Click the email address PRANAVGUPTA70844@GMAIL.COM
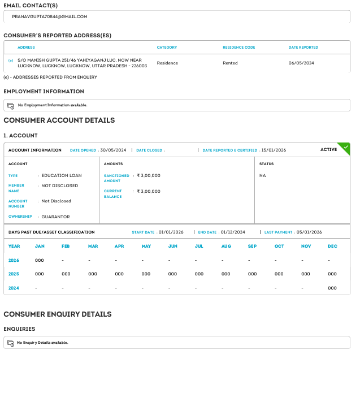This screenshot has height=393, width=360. pos(50,16)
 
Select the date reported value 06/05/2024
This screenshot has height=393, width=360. pos(301,63)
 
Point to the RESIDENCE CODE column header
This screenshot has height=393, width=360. pos(239,47)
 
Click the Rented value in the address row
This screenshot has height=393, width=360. pos(230,63)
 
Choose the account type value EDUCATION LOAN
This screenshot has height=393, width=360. pos(62,175)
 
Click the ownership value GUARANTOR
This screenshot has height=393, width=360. pos(56,217)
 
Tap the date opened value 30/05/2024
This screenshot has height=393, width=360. pos(114,150)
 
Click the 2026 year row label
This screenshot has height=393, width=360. pos(14,260)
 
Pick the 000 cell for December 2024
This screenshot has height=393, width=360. pos(332,288)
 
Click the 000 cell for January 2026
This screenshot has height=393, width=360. pos(40,260)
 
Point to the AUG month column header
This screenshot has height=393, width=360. pos(226,247)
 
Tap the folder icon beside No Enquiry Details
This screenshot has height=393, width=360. pos(10,343)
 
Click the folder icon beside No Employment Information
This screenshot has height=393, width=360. pos(10,105)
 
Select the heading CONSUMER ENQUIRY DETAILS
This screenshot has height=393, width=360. pos(58,314)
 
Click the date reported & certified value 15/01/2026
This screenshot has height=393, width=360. pos(274,150)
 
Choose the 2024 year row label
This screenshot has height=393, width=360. pos(14,288)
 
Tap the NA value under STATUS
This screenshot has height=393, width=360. pos(262,175)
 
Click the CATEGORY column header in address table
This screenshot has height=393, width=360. pos(167,47)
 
